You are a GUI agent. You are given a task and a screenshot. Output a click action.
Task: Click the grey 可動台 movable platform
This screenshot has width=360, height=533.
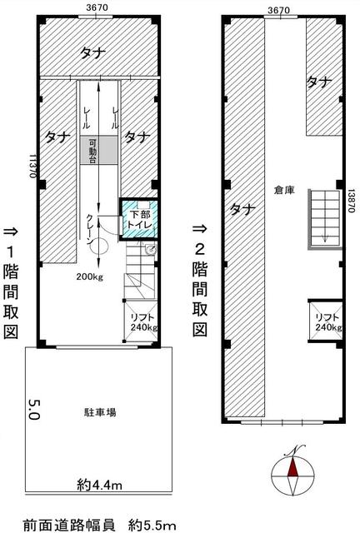point(99,151)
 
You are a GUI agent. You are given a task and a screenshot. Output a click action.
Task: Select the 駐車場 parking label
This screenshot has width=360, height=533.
point(100,412)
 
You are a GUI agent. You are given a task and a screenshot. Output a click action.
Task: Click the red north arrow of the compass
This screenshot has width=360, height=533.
point(292,467)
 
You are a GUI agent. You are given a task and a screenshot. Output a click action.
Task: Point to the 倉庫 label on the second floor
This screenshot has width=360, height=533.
point(284,191)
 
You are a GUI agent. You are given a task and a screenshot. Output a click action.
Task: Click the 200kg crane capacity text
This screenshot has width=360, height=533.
point(90,276)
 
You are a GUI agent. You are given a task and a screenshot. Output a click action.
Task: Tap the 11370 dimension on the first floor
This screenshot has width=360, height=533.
point(33,167)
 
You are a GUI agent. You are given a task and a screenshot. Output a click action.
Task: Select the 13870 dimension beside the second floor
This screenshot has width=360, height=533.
point(352,201)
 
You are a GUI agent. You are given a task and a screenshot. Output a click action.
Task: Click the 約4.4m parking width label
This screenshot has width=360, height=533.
point(99,484)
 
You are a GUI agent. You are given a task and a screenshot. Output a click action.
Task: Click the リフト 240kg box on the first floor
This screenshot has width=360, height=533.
point(141,321)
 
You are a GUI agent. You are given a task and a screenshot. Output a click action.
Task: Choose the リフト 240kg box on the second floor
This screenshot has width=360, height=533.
point(326,321)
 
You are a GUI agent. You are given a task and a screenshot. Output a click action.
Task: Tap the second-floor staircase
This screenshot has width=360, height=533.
point(325,219)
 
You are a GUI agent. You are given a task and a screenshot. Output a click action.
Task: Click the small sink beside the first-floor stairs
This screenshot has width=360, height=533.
point(150,250)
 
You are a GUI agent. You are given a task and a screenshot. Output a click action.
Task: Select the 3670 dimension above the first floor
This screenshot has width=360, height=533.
point(97,7)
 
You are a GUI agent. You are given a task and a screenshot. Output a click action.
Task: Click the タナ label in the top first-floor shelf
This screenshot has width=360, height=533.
point(92,52)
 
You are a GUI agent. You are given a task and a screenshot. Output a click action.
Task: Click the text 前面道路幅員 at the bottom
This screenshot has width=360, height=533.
point(69,526)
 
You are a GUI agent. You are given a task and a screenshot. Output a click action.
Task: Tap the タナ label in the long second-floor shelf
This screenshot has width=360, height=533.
point(242,209)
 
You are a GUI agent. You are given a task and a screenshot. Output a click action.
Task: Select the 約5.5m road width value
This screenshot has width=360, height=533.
point(152,526)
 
